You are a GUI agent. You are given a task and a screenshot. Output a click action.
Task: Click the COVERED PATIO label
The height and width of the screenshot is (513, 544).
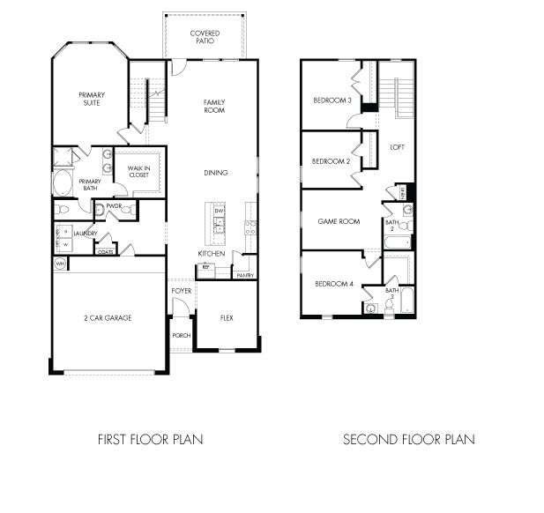point(205,36)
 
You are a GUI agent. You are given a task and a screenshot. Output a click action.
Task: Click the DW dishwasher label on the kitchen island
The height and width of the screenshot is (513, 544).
point(220,212)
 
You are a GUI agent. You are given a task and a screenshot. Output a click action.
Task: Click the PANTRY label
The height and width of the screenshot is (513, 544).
point(245,276)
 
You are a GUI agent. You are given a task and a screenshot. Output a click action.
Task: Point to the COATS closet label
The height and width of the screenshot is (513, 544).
point(106,251)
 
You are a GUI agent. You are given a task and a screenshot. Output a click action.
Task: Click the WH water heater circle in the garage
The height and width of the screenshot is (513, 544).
point(61,264)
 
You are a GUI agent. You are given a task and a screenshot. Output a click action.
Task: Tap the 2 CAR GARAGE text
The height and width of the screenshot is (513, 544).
point(108,317)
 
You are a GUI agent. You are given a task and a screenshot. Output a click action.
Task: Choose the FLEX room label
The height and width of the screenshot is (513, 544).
point(226,317)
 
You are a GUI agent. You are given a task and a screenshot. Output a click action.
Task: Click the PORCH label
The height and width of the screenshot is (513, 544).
point(181,336)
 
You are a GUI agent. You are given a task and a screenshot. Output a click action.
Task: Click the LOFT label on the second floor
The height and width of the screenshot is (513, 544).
point(397,146)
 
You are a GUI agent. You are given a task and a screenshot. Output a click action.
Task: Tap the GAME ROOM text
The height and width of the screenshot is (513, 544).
point(339,221)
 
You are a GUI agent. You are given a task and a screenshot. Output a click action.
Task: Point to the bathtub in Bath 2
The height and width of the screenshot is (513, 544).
point(397,241)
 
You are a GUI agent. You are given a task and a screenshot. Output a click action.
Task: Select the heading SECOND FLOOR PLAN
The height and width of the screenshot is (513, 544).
point(408,439)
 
